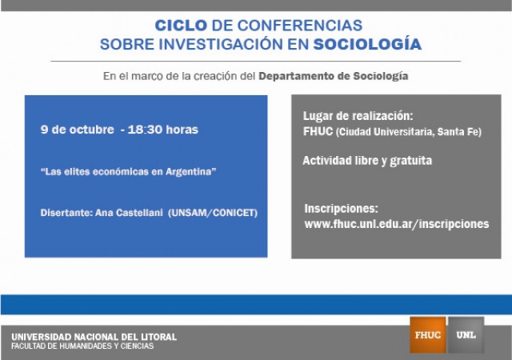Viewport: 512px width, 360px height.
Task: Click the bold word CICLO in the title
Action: tap(181, 26)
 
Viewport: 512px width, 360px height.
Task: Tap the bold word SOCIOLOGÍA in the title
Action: tap(367, 45)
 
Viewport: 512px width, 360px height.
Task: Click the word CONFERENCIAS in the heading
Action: tap(300, 26)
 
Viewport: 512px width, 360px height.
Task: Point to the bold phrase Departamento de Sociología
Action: tap(334, 76)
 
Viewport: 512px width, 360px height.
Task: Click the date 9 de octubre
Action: tap(77, 130)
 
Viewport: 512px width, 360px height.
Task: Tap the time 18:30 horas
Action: tap(163, 130)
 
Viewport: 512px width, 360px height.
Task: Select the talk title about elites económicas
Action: tap(128, 172)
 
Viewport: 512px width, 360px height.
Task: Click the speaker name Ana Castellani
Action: tap(129, 213)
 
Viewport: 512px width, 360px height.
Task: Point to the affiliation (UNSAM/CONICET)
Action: tap(213, 213)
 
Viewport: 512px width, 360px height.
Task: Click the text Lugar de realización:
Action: tap(358, 116)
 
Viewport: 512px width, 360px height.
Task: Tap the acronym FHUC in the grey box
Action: tap(318, 131)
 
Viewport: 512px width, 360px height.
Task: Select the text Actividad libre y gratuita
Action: tap(367, 161)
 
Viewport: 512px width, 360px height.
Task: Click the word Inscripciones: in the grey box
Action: tap(342, 209)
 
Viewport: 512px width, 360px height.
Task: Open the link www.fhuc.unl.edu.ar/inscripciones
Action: tap(397, 224)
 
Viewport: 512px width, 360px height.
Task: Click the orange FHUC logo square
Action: tap(428, 335)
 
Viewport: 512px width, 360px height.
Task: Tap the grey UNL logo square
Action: tap(466, 335)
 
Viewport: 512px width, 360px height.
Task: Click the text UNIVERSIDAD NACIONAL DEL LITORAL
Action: tap(94, 337)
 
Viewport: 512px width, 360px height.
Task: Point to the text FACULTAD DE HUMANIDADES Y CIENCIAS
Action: tap(82, 346)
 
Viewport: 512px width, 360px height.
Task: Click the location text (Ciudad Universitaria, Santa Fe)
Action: tap(409, 132)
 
